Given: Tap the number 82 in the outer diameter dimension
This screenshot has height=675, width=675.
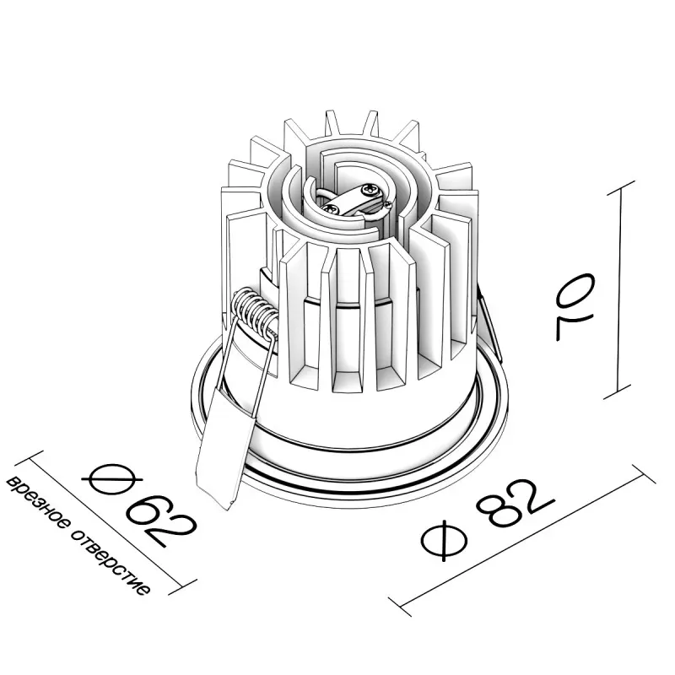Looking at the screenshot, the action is pos(516,505).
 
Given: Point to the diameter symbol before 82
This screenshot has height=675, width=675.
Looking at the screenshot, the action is pos(445,540).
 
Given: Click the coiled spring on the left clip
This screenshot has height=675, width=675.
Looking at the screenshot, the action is pos(255,311).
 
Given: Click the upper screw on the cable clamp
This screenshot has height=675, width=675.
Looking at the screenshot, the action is pos(370,188).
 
